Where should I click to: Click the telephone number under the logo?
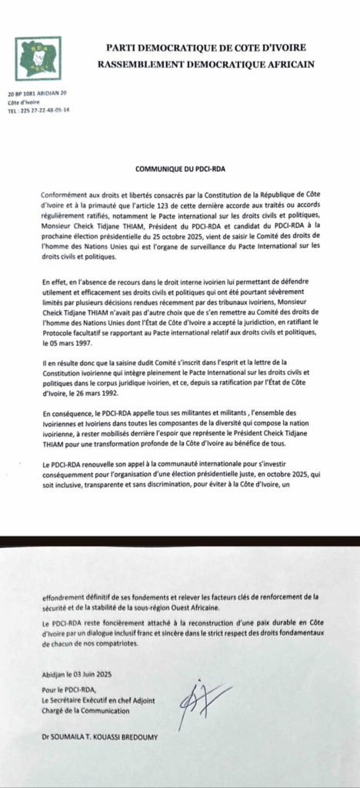pyautogui.click(x=46, y=110)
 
